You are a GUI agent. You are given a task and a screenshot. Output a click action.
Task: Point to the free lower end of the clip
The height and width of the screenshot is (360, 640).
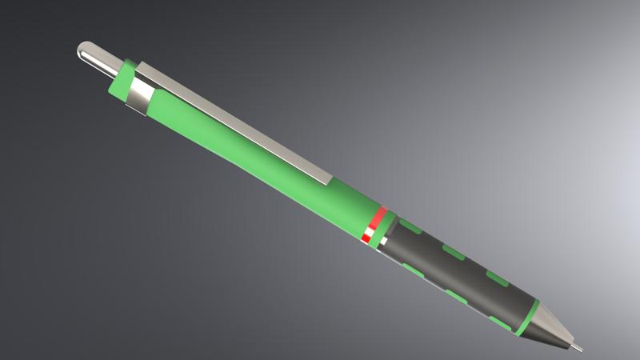point(326,177)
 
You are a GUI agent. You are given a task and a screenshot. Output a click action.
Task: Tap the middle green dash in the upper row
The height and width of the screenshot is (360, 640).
point(455,254)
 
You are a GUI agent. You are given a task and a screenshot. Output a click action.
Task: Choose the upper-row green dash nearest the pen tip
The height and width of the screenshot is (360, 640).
point(498,280)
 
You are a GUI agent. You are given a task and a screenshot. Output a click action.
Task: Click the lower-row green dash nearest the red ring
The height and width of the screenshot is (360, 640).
point(414,267)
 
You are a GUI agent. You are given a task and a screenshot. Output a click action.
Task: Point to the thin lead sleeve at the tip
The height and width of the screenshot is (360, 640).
point(577,347)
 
